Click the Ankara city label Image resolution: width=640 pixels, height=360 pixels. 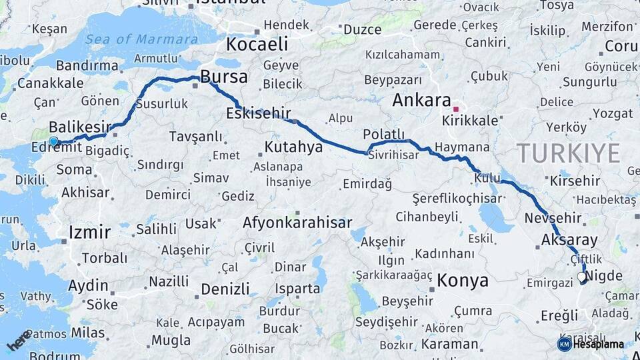(x=421, y=101)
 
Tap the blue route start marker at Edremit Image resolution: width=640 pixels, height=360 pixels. (x=53, y=141)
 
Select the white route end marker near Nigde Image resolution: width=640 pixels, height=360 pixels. (x=582, y=277)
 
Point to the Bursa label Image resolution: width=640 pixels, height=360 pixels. (x=223, y=77)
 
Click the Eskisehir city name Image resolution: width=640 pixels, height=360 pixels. (x=258, y=113)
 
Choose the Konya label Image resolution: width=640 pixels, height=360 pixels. (x=463, y=281)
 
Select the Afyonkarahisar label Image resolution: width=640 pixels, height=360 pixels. (x=297, y=223)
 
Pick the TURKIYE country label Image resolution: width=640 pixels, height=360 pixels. (x=569, y=153)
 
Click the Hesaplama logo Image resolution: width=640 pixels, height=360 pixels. (x=591, y=344)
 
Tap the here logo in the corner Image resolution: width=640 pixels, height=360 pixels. (x=19, y=341)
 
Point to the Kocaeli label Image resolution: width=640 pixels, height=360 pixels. (x=257, y=45)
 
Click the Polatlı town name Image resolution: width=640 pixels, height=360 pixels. (x=384, y=133)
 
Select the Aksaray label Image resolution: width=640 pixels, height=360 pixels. (x=569, y=240)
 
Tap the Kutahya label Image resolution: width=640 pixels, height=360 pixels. (x=293, y=146)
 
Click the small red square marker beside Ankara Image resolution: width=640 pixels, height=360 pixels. (x=456, y=109)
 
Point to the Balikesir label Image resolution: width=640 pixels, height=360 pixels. (x=79, y=127)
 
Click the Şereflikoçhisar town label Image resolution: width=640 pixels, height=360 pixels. (x=457, y=199)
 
